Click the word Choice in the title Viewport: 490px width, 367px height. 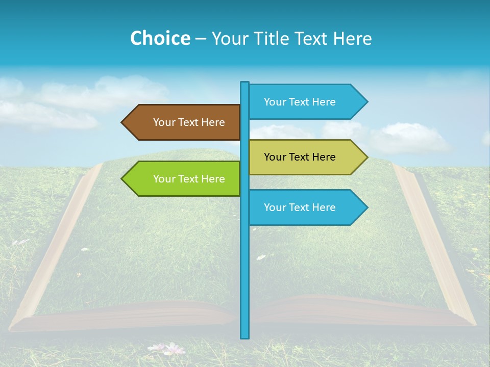[x=160, y=38]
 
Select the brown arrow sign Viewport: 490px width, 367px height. [x=184, y=122]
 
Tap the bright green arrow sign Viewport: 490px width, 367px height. [x=184, y=178]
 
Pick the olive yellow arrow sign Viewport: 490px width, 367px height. [x=306, y=157]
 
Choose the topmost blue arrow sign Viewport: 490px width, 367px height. [x=306, y=102]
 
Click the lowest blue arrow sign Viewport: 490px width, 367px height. [x=306, y=207]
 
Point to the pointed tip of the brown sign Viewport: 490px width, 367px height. [x=122, y=122]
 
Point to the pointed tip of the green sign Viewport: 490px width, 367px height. [x=122, y=178]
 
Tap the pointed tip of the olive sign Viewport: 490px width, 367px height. [x=366, y=157]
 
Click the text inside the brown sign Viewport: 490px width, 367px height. [x=189, y=122]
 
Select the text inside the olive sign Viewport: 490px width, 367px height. [x=300, y=157]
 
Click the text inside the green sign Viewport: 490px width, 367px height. [x=189, y=179]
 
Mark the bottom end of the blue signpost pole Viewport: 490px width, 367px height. [x=245, y=336]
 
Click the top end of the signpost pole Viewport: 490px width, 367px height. [x=245, y=83]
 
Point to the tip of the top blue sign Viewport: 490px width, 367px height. [x=366, y=102]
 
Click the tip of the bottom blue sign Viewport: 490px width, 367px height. [x=366, y=207]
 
